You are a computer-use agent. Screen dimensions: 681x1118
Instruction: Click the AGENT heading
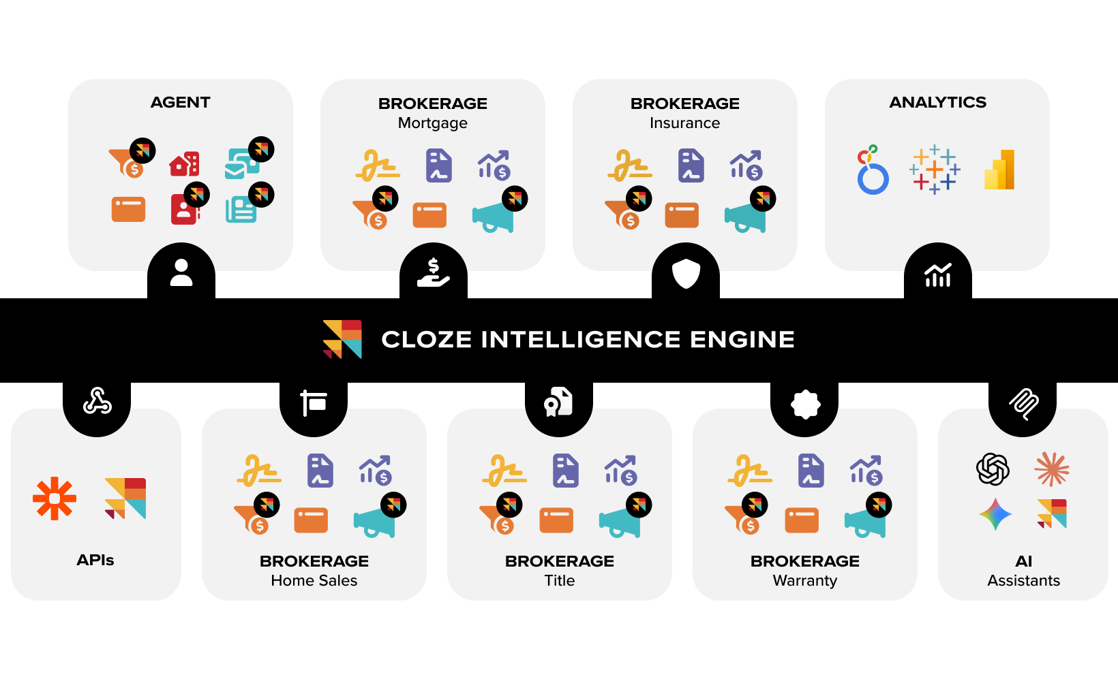pos(180,102)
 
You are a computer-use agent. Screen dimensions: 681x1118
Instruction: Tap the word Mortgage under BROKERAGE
pos(433,123)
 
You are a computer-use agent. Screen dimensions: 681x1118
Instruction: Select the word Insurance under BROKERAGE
pos(684,123)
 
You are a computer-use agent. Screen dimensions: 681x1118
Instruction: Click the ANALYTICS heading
pos(937,102)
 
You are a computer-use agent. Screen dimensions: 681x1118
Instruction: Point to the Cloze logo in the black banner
pos(342,339)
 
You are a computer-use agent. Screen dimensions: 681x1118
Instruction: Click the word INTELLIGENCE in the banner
pos(580,339)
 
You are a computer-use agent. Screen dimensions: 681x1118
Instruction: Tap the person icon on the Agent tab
pos(181,272)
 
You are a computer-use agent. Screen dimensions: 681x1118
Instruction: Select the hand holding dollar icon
pos(434,272)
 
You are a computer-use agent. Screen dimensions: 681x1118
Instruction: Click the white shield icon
pos(686,274)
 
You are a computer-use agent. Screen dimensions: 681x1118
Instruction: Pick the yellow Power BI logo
pos(1000,169)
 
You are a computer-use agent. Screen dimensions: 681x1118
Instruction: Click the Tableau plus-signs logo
pos(935,169)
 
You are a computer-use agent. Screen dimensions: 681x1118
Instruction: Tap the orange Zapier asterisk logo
pos(55,498)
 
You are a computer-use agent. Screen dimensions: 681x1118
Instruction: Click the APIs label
pos(95,560)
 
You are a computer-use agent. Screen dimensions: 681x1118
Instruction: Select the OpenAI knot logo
pos(993,469)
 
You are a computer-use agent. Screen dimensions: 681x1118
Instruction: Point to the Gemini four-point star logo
pos(995,514)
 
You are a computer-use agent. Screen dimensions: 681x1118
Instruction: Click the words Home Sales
pos(314,580)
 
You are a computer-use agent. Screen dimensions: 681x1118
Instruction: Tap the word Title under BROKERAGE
pos(559,580)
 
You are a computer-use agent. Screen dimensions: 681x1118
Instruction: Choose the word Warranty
pos(804,580)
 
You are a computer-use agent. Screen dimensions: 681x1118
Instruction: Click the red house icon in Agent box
pos(185,164)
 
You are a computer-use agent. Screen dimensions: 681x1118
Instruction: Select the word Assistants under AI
pos(1023,580)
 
